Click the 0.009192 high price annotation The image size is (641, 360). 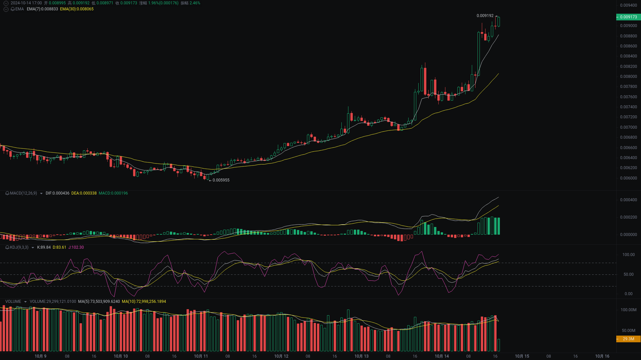[485, 16]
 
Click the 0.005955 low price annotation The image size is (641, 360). [221, 180]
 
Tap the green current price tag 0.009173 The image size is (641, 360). [628, 17]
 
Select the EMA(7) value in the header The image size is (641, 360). [42, 9]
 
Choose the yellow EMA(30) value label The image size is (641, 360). [77, 9]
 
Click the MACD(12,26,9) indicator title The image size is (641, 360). [23, 193]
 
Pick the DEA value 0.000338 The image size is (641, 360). [84, 193]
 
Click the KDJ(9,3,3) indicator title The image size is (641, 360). [19, 247]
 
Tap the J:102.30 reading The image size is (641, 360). [76, 247]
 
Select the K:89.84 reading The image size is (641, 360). [44, 247]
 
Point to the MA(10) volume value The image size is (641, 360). [144, 302]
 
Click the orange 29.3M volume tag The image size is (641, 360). [628, 339]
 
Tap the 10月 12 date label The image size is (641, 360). [281, 356]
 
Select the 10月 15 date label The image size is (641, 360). [522, 356]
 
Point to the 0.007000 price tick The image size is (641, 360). [628, 127]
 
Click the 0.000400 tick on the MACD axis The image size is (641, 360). [628, 200]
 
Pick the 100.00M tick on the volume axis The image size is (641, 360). [628, 310]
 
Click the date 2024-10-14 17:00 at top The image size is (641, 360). [26, 3]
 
